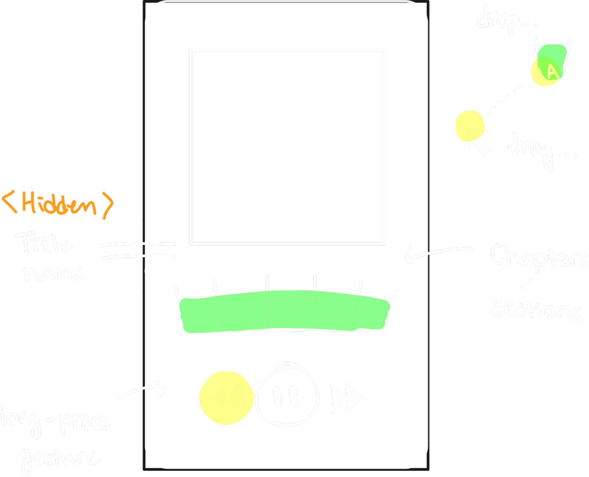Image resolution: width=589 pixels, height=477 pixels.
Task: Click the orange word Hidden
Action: click(x=59, y=204)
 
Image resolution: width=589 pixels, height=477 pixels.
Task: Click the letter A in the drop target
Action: click(x=552, y=71)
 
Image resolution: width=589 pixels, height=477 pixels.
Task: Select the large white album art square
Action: click(x=288, y=147)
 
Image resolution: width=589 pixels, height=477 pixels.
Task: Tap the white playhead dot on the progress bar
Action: click(x=342, y=328)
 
